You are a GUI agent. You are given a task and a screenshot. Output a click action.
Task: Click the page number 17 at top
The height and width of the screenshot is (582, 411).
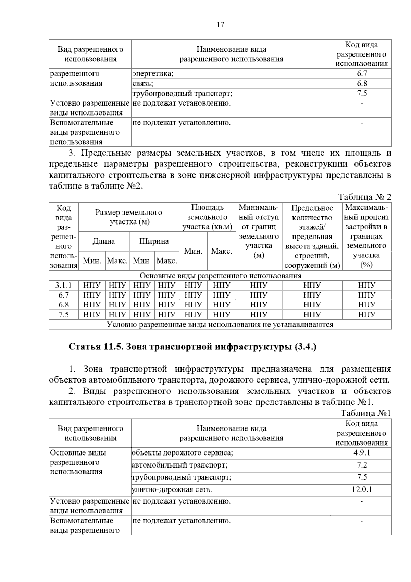click(220, 25)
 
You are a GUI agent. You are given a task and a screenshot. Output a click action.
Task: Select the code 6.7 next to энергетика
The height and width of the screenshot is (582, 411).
click(362, 73)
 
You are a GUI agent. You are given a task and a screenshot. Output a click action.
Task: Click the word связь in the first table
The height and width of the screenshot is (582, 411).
click(143, 83)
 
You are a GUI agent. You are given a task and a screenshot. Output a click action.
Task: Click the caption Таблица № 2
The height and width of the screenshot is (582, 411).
click(364, 197)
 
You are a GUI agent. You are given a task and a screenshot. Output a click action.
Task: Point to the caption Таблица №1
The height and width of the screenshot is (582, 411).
click(365, 413)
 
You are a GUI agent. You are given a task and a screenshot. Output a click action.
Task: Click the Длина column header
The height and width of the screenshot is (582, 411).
click(104, 241)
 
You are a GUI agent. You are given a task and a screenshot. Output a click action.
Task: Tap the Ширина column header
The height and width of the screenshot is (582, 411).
click(154, 241)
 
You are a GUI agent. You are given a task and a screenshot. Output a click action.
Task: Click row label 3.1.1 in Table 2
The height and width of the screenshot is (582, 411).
click(64, 285)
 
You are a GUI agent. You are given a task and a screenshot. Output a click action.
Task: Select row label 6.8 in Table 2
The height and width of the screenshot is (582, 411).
click(64, 305)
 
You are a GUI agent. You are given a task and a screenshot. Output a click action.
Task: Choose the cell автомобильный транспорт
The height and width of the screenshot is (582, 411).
click(179, 465)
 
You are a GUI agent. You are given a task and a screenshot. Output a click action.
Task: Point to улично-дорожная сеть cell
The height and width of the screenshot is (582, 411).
click(174, 489)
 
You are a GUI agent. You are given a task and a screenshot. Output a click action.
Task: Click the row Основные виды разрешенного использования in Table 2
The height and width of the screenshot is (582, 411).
click(220, 276)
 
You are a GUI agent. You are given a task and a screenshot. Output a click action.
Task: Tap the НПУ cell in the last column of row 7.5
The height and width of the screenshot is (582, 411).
click(366, 315)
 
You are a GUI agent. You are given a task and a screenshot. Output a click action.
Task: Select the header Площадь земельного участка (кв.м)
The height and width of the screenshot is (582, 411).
click(207, 217)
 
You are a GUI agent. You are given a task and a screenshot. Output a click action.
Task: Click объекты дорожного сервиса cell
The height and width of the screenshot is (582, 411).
click(182, 452)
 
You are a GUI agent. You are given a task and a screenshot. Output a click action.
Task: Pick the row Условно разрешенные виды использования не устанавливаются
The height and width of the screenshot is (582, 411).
click(220, 324)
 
